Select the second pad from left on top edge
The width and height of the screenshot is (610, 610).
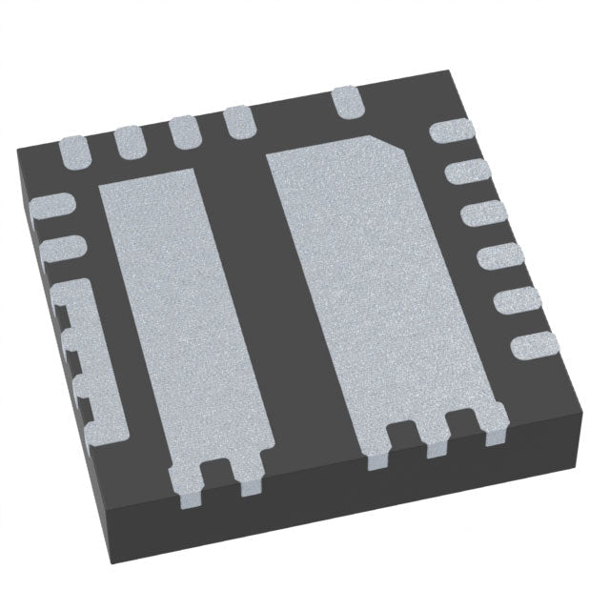[128, 140]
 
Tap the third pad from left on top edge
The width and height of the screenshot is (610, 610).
[182, 132]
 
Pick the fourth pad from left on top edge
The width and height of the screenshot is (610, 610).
[237, 122]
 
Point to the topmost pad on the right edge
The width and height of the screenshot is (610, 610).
[448, 133]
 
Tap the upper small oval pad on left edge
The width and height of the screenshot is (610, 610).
[53, 205]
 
